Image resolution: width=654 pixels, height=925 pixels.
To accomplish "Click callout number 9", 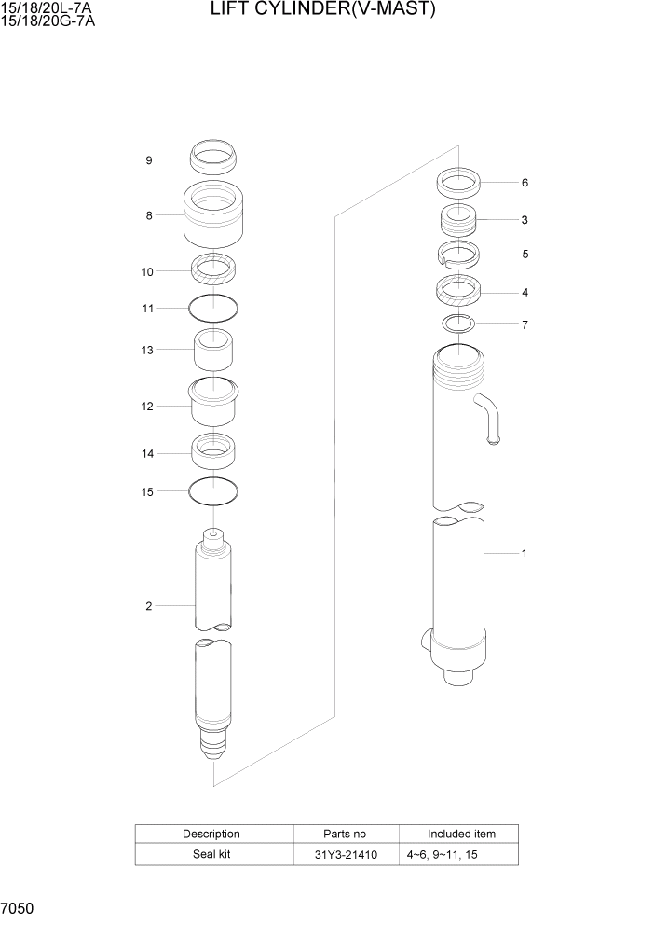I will click(x=148, y=159).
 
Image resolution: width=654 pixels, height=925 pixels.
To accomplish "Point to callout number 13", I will click(x=147, y=350).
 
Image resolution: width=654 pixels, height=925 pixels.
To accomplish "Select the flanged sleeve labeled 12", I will click(x=213, y=403).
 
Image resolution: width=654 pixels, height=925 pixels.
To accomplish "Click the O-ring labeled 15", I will click(x=213, y=490).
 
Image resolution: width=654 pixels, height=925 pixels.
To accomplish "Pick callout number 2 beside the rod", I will click(x=148, y=607).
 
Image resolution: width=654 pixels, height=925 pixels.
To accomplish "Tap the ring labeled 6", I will click(x=458, y=183).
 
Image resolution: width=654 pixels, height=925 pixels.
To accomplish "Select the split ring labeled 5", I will click(x=458, y=254).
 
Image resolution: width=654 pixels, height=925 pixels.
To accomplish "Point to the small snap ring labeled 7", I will click(x=457, y=324).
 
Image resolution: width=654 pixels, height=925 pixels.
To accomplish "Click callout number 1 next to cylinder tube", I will click(x=525, y=553).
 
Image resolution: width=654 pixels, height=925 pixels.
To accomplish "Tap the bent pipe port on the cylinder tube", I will click(x=489, y=420).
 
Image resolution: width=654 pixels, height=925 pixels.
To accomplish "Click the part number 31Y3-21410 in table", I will click(x=347, y=855).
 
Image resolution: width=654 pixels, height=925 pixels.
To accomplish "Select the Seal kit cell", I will click(x=211, y=855).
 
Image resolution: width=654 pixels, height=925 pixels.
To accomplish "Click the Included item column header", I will click(x=461, y=834).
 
